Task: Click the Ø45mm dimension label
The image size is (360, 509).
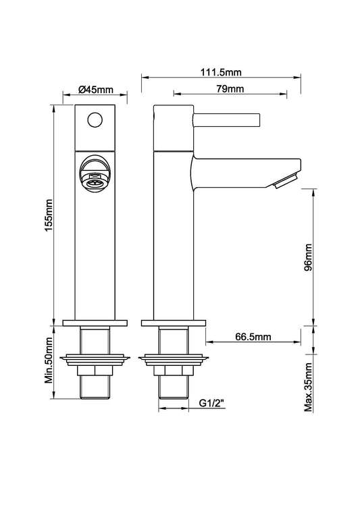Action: click(95, 89)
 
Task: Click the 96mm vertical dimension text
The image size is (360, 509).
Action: click(308, 257)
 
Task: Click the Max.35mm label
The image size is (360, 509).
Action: click(308, 387)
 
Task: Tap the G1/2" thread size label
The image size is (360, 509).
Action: click(211, 404)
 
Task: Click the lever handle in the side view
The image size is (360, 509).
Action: click(227, 120)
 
